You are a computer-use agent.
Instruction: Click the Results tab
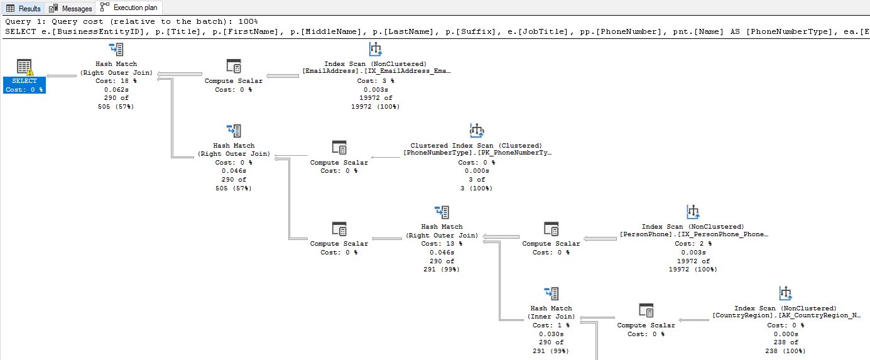[23, 8]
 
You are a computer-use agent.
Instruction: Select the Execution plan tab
[129, 8]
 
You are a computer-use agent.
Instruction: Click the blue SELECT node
[24, 80]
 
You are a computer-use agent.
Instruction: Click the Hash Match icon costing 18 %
[116, 50]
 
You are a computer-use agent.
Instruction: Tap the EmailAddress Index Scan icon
[376, 50]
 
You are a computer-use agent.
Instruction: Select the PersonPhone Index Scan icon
[693, 212]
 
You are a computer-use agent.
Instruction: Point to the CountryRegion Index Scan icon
[785, 293]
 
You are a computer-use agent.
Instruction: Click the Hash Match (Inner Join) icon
[552, 293]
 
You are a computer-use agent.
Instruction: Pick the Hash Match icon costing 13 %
[442, 212]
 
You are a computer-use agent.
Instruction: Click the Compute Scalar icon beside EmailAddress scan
[234, 67]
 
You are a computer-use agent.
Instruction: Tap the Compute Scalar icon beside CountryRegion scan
[646, 311]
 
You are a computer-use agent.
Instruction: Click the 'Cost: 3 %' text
[376, 80]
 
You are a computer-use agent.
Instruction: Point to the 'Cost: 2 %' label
[693, 243]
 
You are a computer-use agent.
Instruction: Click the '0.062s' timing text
[116, 89]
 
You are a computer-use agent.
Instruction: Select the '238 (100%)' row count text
[785, 351]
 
